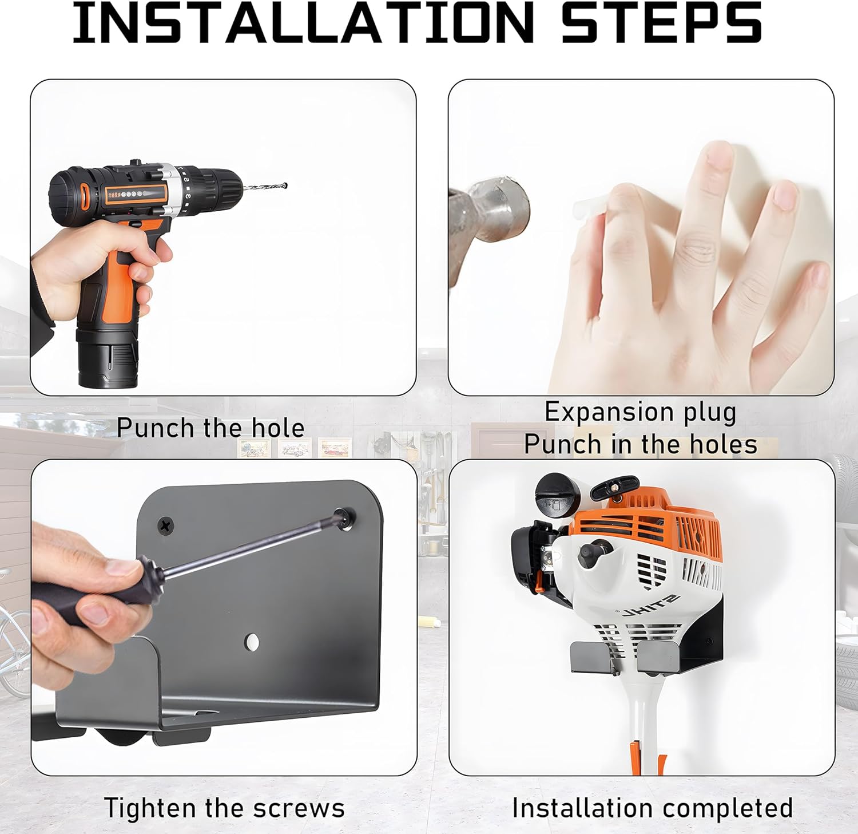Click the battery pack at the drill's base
(x=108, y=357)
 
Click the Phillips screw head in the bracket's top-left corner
(x=166, y=524)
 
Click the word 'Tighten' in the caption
(x=152, y=808)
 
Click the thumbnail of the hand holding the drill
(x=223, y=238)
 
